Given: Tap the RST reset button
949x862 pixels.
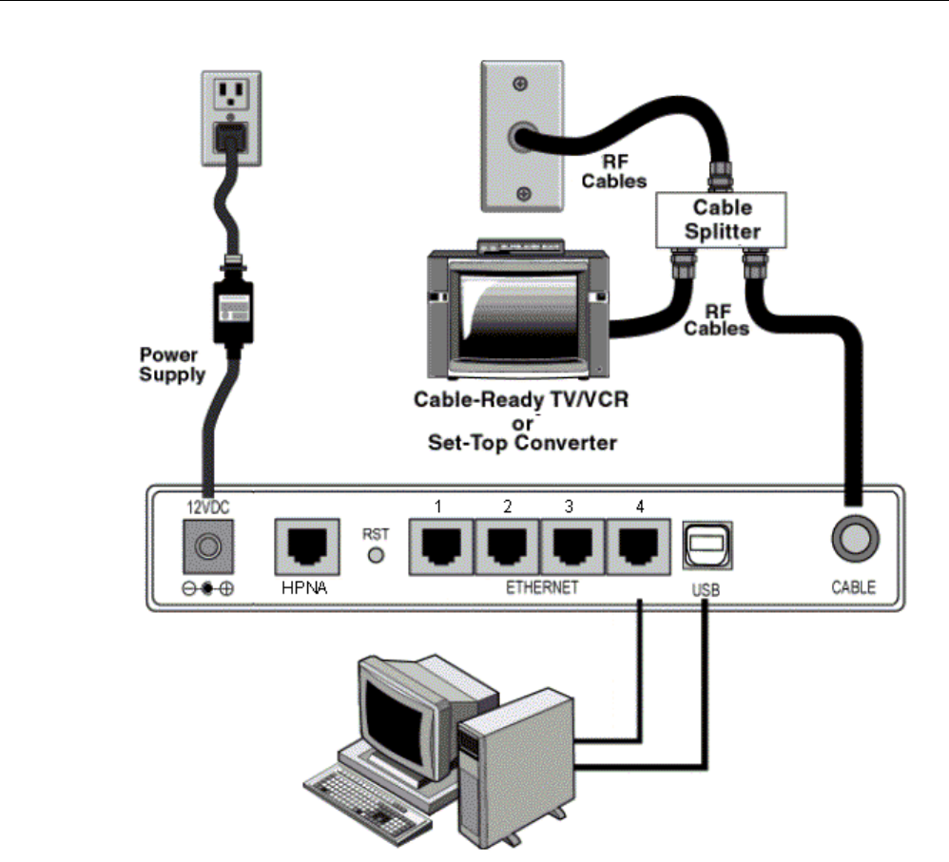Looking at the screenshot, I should point(375,553).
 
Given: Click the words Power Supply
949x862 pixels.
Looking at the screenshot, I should point(172,365).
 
